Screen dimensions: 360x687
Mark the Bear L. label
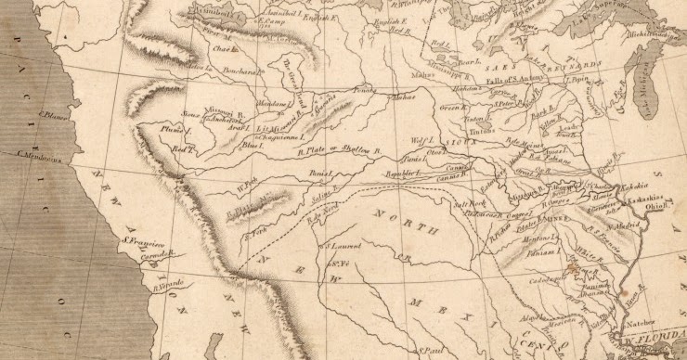pyautogui.click(x=469, y=62)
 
